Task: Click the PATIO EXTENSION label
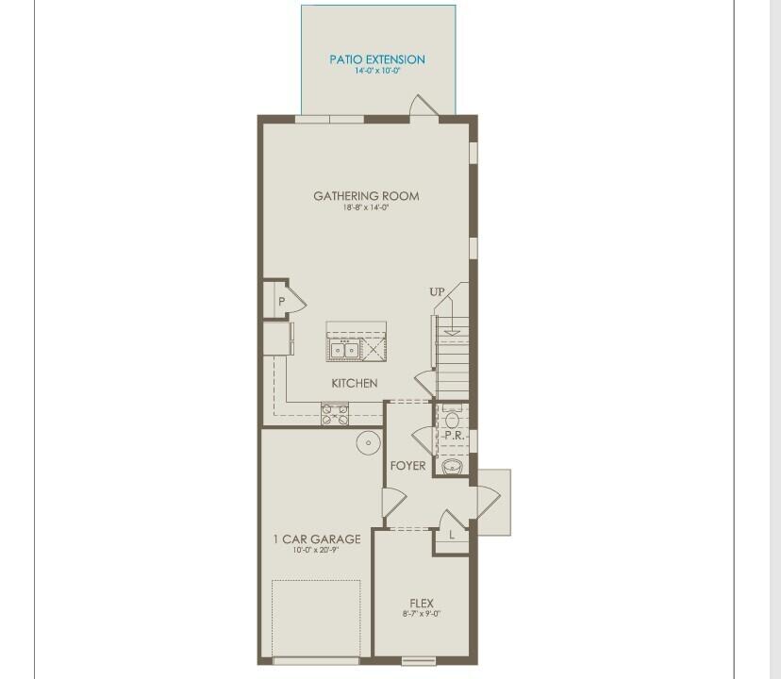377,59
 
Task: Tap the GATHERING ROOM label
366,196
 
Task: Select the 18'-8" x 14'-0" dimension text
366,207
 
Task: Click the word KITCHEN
355,383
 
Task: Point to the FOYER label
407,466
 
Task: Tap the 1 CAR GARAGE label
317,539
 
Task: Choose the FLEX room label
422,603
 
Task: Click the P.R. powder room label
453,436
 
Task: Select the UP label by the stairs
437,292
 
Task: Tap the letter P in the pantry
281,302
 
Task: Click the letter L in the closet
452,536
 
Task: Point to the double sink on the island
343,350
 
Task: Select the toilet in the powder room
452,417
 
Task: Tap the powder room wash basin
454,466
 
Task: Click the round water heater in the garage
366,442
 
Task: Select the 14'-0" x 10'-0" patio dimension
377,71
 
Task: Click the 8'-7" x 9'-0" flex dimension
422,614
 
